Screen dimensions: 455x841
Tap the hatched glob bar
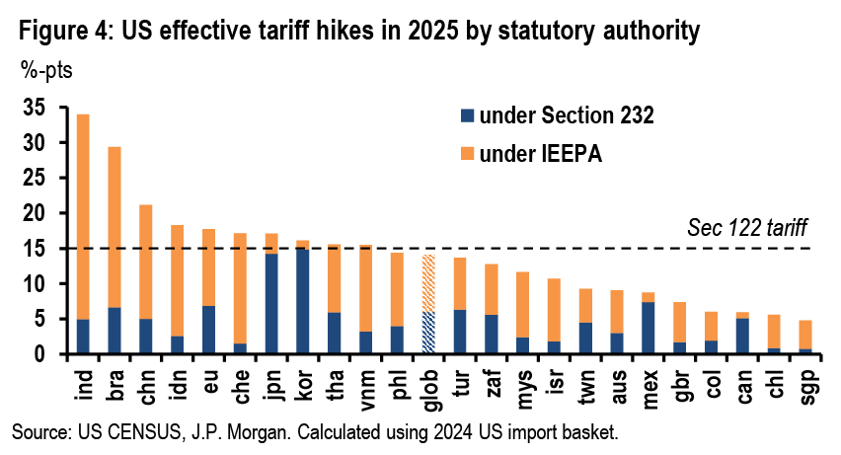click(x=428, y=304)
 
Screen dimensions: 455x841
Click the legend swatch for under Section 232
click(x=467, y=117)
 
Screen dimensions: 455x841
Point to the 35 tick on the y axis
click(x=34, y=108)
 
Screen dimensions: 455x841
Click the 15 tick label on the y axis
click(x=34, y=249)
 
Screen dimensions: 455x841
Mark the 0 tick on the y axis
click(x=39, y=353)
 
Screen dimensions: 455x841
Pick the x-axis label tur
click(x=460, y=377)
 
